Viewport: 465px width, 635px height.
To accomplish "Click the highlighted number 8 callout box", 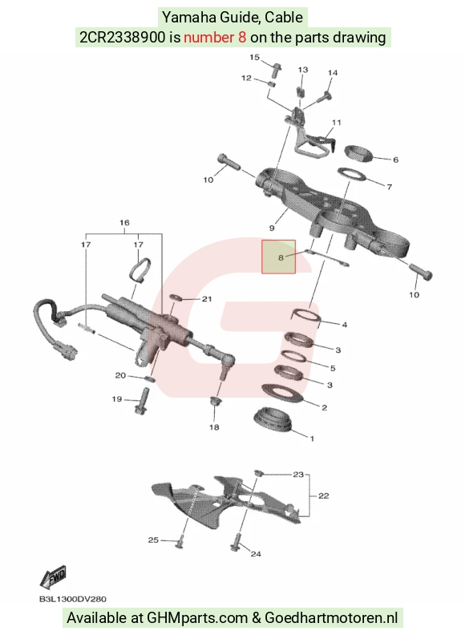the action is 278,257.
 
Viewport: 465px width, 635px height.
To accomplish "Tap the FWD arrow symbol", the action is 53,577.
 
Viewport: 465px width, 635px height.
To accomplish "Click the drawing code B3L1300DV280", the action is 72,599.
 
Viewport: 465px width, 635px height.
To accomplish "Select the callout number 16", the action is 124,223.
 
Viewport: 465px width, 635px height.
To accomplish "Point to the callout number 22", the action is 324,495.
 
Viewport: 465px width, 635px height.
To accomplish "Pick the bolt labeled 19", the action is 141,401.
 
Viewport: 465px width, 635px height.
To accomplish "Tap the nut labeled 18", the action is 215,402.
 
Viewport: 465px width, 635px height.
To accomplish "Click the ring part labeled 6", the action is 358,152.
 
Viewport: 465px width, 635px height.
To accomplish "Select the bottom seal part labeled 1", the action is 273,419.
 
